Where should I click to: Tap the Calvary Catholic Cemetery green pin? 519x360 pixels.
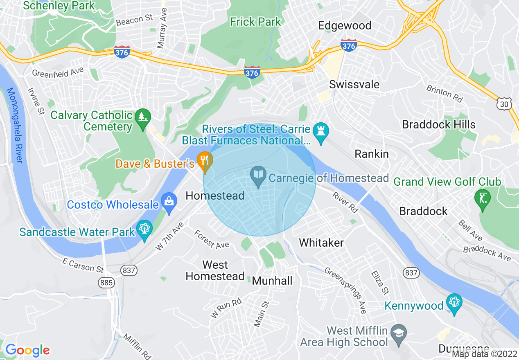point(142,119)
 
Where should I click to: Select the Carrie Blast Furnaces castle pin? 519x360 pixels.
point(321,133)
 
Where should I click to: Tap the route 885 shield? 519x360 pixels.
point(106,283)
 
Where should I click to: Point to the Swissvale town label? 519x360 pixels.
point(354,85)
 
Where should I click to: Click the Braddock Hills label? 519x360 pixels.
point(439,124)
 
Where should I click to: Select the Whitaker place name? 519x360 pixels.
point(321,243)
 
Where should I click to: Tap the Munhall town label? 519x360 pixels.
point(272,281)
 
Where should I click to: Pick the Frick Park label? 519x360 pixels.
point(255,22)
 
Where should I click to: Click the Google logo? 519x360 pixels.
point(27,350)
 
